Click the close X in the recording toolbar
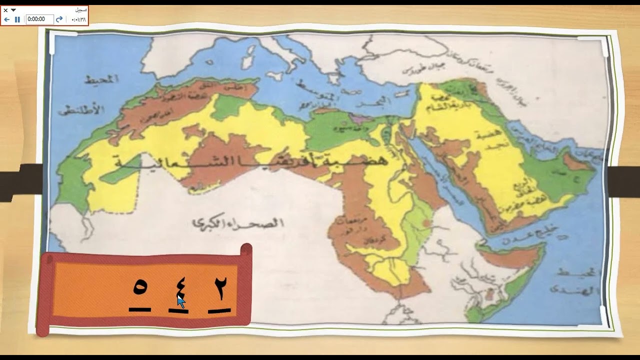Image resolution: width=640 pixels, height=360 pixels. (5, 10)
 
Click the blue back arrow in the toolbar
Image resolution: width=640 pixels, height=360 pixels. (7, 19)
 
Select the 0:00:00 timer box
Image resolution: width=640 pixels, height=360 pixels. (39, 19)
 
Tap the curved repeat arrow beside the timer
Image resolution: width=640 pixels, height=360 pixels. (59, 19)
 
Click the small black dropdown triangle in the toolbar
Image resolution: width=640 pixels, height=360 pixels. (13, 10)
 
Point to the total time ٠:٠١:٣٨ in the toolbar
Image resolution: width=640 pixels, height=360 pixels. (78, 19)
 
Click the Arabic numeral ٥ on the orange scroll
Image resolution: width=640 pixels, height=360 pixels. (140, 288)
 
